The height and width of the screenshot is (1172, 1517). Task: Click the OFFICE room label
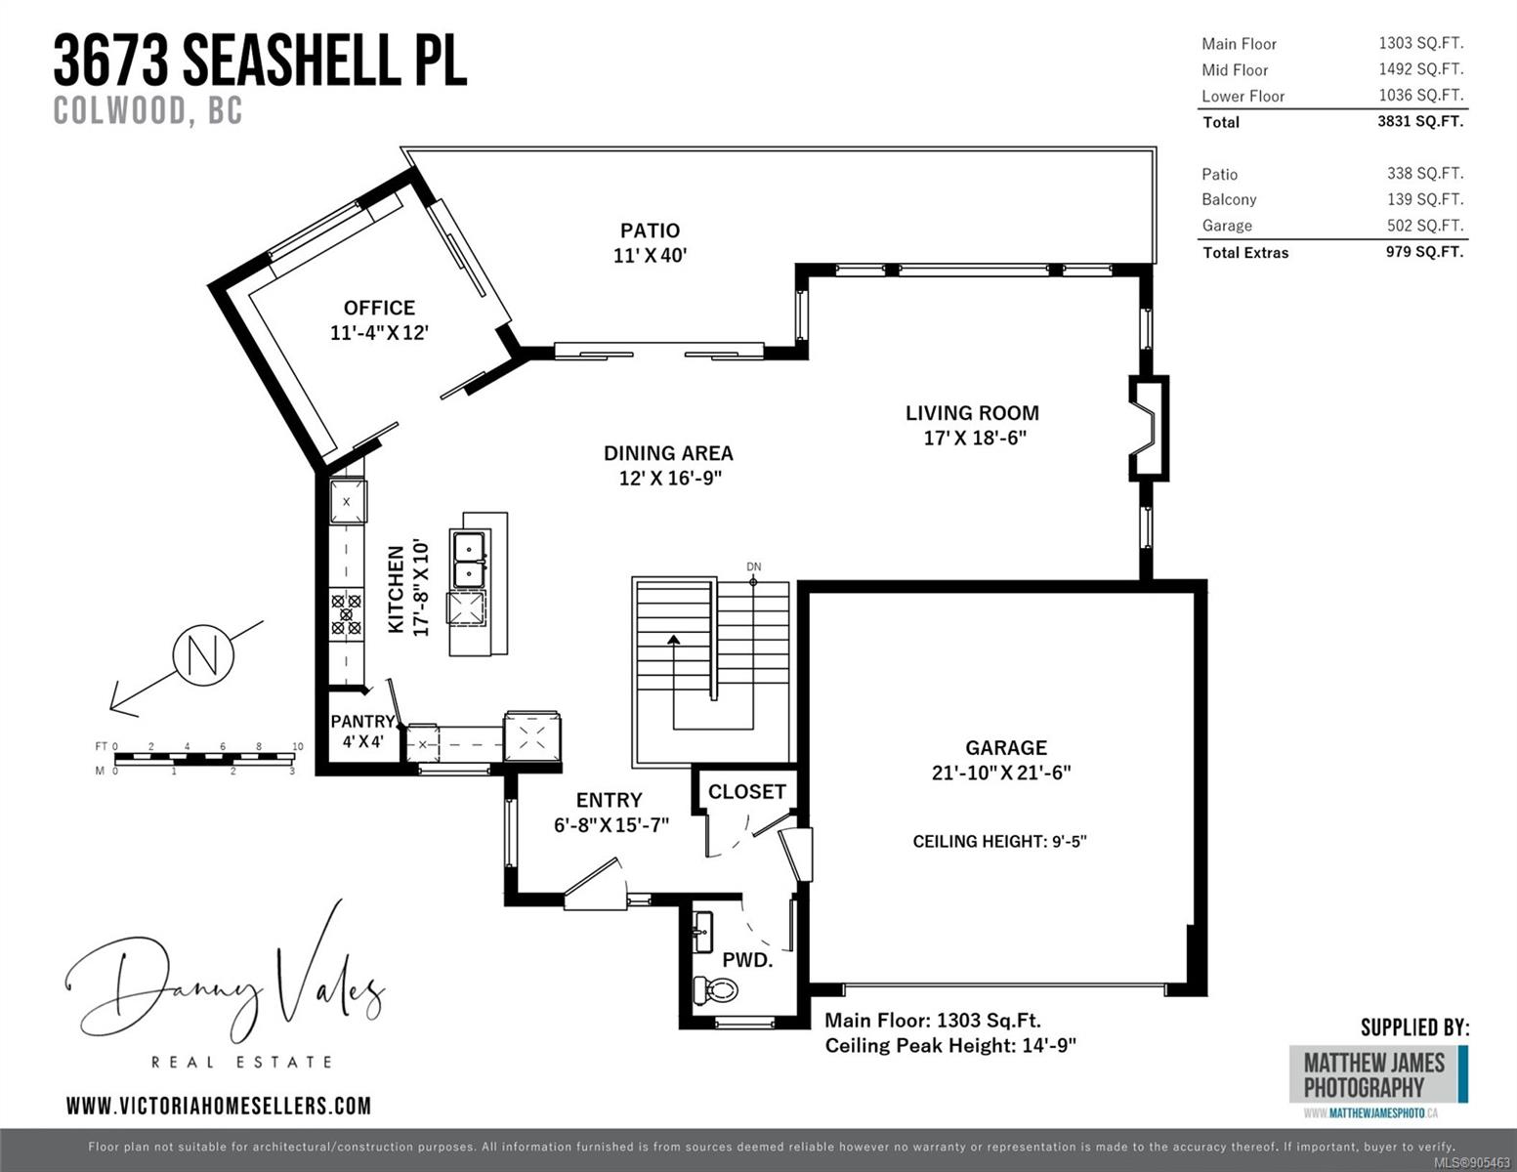379,308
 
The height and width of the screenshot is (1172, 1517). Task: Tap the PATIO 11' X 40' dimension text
650,256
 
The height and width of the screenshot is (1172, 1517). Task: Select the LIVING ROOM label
973,413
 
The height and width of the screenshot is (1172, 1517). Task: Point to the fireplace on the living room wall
1149,429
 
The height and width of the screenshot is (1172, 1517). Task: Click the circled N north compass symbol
203,654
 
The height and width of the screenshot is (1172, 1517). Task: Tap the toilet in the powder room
716,989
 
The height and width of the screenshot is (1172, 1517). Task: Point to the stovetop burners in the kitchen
346,614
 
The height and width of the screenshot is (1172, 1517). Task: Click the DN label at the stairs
754,566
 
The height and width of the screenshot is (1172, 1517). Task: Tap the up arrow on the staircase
674,640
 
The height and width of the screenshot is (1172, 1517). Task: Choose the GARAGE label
1006,747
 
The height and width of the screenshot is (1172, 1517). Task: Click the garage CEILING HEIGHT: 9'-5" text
999,841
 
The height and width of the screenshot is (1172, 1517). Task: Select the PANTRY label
362,721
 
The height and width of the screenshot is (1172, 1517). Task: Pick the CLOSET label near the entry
747,791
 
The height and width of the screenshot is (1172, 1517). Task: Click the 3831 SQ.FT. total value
1420,121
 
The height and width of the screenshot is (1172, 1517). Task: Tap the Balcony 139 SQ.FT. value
1425,199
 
